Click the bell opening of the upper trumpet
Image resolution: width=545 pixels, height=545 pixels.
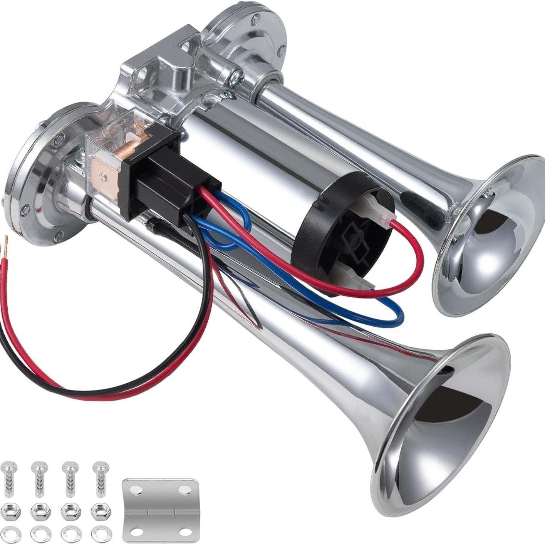pyautogui.click(x=491, y=247)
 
